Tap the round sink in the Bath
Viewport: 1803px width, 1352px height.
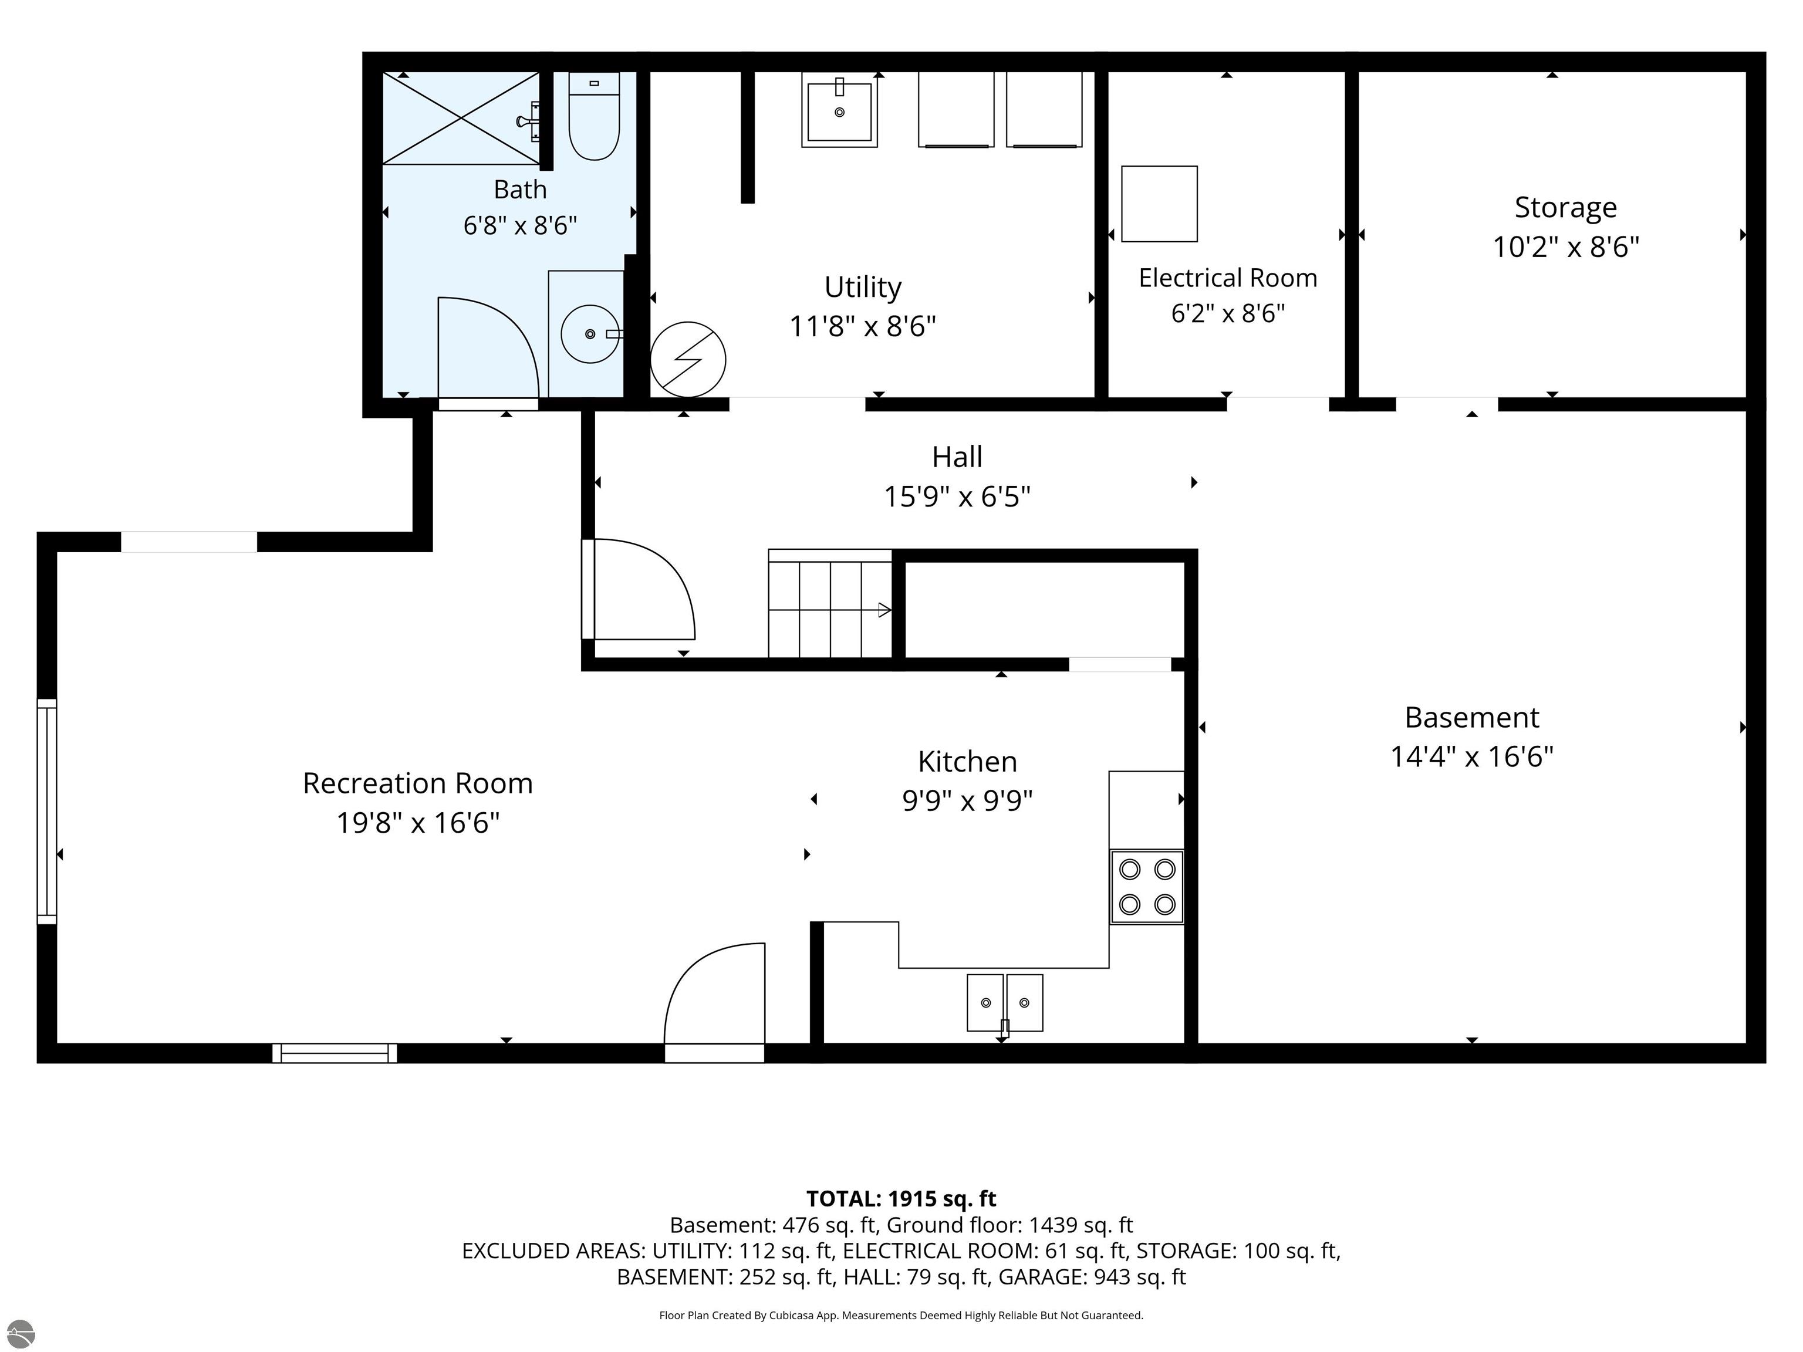pyautogui.click(x=590, y=334)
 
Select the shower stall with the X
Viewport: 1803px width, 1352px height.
pyautogui.click(x=461, y=118)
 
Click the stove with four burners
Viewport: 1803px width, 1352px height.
pyautogui.click(x=1147, y=887)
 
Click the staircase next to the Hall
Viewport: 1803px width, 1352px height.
pyautogui.click(x=830, y=604)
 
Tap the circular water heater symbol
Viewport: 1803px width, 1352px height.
pyautogui.click(x=688, y=359)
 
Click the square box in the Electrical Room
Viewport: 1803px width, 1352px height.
pyautogui.click(x=1159, y=204)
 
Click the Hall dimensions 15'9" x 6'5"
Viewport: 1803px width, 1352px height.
pyautogui.click(x=958, y=496)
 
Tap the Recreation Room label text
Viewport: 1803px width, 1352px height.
pyautogui.click(x=417, y=783)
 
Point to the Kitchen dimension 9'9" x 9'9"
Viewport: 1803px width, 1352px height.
pyautogui.click(x=967, y=801)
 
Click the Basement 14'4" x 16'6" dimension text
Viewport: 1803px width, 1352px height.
pyautogui.click(x=1472, y=757)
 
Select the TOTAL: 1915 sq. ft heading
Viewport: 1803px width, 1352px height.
pyautogui.click(x=901, y=1199)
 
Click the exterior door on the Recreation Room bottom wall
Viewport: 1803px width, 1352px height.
pyautogui.click(x=715, y=1002)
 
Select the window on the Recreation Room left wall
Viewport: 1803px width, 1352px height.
pyautogui.click(x=48, y=812)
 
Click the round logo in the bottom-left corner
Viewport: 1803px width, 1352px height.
pyautogui.click(x=21, y=1334)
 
